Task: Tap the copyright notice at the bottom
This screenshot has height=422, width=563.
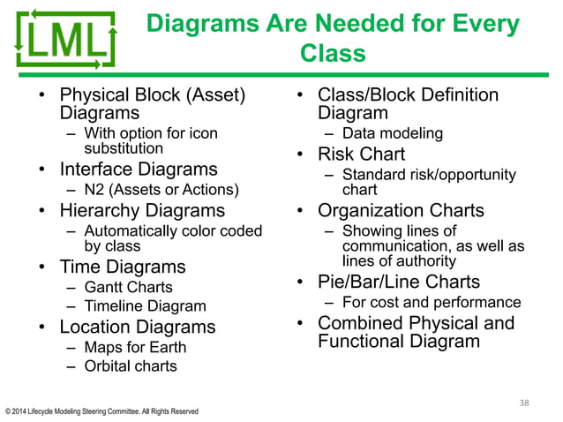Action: pos(101,411)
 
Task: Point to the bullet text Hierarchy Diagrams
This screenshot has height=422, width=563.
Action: pos(142,210)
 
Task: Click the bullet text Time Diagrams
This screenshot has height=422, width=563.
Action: pos(123,267)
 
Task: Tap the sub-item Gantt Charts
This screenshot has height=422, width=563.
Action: pos(128,287)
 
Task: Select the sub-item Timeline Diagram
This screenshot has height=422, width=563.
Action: pos(145,306)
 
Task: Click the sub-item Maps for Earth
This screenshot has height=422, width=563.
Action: pos(135,347)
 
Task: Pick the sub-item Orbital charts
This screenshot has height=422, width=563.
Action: pos(130,365)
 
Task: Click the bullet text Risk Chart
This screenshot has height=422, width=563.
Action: pos(361,154)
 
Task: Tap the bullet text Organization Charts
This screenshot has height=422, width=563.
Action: pos(401,210)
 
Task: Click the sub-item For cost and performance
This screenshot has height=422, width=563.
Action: pos(432,303)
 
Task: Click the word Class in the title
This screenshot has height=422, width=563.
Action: pos(334,54)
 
